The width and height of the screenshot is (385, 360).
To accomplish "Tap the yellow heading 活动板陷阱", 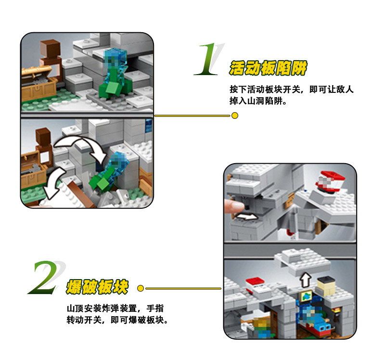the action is (268, 68).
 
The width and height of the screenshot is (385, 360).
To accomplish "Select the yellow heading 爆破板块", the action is (97, 286).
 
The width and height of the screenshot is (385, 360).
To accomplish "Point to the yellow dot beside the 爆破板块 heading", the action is (141, 288).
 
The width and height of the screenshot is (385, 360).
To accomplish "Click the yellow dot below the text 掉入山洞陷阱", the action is (235, 116).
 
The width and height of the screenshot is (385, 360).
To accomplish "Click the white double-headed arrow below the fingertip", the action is (245, 217).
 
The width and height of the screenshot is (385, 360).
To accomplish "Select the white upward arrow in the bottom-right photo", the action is (306, 280).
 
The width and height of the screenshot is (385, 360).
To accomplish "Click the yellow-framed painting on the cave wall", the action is (306, 296).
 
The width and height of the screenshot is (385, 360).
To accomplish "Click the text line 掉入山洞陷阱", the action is (258, 101).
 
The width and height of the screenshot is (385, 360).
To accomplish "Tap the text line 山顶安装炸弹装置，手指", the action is (115, 309).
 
